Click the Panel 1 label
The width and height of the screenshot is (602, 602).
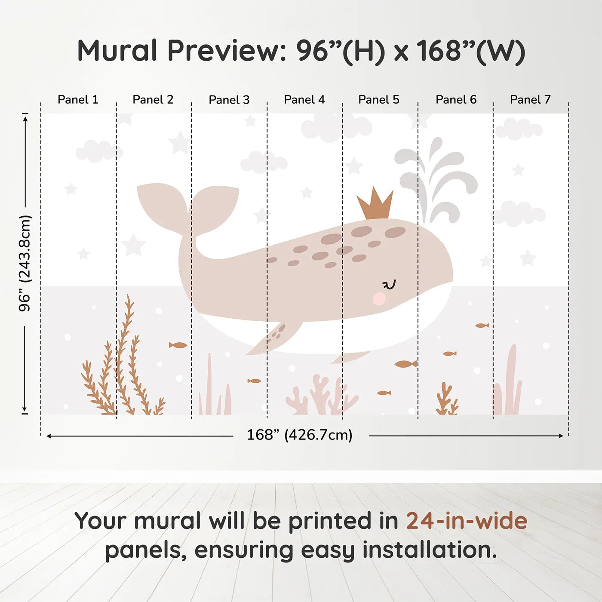(x=78, y=100)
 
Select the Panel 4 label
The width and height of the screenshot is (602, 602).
(x=304, y=100)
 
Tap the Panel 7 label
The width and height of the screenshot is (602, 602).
(x=530, y=100)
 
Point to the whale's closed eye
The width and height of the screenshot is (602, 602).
(x=389, y=285)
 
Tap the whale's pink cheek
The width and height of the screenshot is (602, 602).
(x=379, y=298)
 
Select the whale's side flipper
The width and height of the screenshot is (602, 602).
(x=275, y=338)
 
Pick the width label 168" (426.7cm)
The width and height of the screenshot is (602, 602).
(x=300, y=435)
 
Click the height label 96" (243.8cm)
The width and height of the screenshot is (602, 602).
(x=25, y=263)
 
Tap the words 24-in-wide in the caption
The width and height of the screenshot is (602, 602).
(x=466, y=521)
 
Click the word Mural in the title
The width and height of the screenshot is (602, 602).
(x=117, y=51)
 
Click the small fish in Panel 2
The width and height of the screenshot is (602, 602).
(x=178, y=345)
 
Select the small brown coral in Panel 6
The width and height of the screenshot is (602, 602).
(x=446, y=400)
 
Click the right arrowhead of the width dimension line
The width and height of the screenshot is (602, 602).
(x=561, y=436)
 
